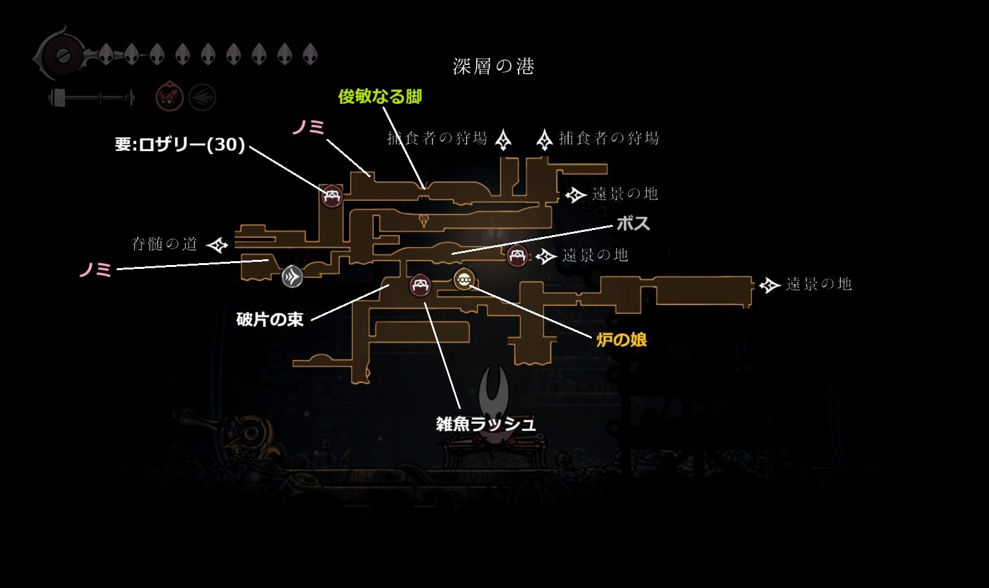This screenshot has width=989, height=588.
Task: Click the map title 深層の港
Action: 493,66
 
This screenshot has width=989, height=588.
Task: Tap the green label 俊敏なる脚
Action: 380,96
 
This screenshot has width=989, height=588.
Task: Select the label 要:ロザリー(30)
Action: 180,145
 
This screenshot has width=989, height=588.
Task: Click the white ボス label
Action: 633,223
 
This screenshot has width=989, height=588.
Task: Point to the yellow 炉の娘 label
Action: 621,340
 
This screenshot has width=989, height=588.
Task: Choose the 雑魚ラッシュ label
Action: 486,424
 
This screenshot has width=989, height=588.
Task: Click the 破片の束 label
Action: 270,319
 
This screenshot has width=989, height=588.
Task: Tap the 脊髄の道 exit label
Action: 164,244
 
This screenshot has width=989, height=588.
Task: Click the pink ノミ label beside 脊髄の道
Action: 95,269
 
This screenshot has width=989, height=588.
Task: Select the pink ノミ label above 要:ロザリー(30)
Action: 309,127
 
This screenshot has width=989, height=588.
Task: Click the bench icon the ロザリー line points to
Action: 332,196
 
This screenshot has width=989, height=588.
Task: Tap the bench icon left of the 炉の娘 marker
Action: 419,285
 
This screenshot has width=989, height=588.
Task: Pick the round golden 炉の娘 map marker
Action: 463,278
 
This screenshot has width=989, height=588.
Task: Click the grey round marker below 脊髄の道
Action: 292,276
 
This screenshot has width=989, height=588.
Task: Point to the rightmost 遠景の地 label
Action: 818,284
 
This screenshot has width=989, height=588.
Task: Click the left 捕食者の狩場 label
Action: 437,138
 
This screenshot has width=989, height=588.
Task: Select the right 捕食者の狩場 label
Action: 608,138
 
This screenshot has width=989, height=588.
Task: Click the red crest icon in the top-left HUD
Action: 170,97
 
